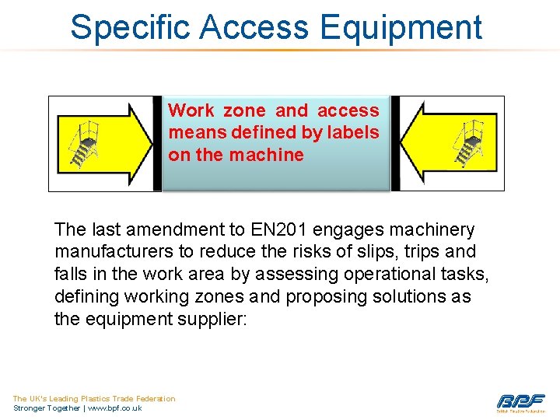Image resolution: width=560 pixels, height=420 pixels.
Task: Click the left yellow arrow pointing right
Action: [x=124, y=143]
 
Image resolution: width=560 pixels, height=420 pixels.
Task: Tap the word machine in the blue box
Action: [x=266, y=155]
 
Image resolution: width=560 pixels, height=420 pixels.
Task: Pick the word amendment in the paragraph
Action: [x=174, y=230]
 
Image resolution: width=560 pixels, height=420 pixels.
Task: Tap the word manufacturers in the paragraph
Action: [x=108, y=252]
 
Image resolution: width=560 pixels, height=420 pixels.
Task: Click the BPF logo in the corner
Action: [x=520, y=402]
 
